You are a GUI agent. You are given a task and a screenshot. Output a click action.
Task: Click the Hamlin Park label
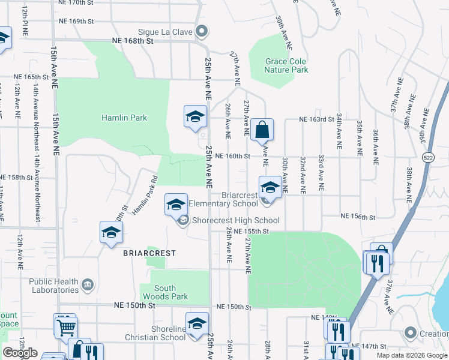coord(124,118)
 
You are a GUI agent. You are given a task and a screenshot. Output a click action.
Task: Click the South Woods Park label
coord(165,292)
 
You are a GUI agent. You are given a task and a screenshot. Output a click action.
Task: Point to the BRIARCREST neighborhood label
coord(149,253)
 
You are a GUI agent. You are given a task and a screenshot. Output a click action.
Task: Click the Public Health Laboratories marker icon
coord(88,283)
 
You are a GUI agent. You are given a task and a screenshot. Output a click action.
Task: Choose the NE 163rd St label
coord(317,119)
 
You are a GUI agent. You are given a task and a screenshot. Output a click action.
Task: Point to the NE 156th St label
coord(358,216)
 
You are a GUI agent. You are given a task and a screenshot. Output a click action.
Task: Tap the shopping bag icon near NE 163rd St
coord(262,129)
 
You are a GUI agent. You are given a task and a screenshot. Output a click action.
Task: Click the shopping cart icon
coord(66,327)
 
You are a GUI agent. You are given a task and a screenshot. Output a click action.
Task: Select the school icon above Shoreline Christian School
coord(196,323)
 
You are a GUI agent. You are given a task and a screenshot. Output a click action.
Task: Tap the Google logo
coord(20,353)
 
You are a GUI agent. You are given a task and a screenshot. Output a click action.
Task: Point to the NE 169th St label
coord(76,21)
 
